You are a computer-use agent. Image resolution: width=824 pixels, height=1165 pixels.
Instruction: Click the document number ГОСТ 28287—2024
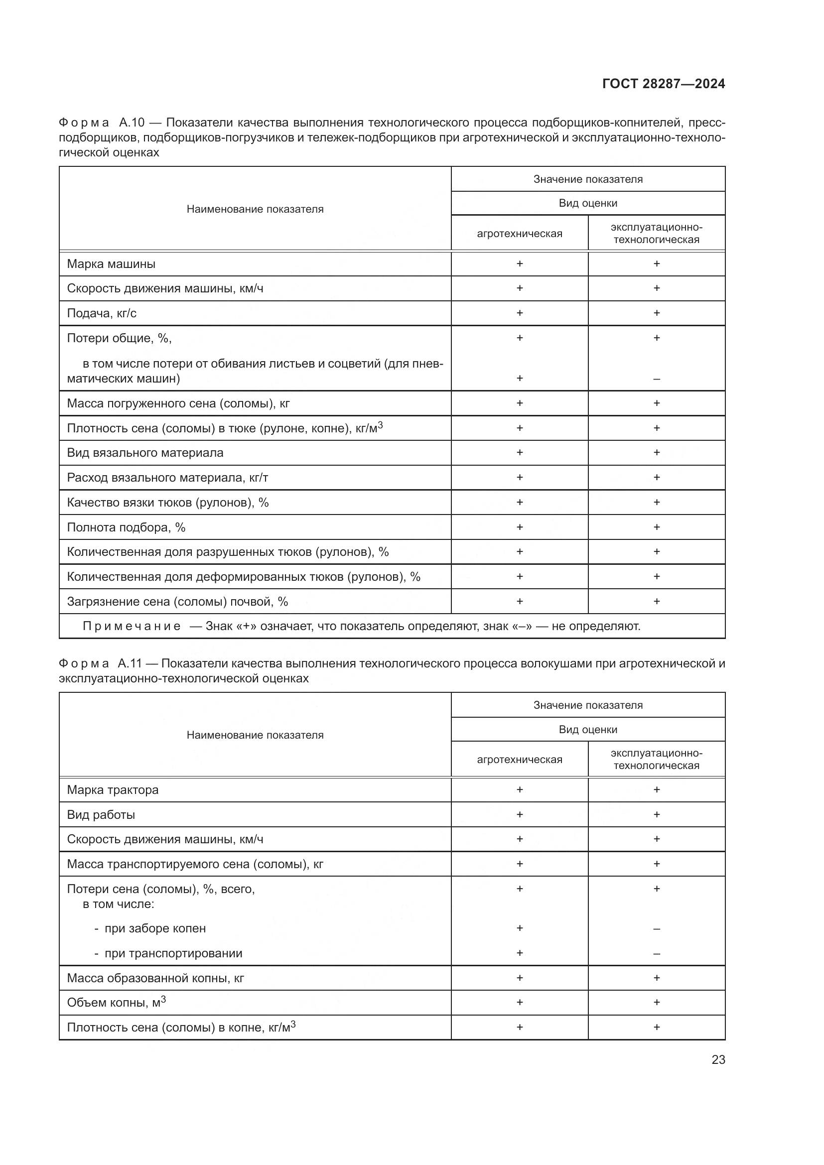tap(663, 84)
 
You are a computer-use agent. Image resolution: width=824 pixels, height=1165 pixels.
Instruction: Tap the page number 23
tap(718, 1059)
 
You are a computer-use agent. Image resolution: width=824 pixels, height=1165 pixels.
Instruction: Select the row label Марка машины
tap(111, 264)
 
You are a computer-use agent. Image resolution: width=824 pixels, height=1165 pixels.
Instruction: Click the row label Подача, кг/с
tap(102, 313)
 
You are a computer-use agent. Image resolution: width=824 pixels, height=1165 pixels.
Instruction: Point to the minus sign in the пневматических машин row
tap(656, 379)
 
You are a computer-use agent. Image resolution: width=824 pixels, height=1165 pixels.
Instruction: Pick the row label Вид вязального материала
tap(144, 453)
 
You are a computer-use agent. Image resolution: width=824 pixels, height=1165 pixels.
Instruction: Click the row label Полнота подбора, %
tap(126, 527)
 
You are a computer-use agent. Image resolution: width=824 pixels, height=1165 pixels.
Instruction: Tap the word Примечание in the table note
tap(132, 626)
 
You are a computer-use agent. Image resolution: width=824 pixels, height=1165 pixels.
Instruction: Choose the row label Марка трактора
tap(113, 790)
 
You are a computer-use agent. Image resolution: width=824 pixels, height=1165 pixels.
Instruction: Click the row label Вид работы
tap(101, 815)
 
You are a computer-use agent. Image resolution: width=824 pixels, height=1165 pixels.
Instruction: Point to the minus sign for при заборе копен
tap(656, 928)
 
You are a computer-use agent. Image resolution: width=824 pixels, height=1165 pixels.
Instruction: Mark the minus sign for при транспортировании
tap(656, 953)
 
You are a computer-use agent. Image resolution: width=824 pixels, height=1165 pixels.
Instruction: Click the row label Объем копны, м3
tap(116, 1003)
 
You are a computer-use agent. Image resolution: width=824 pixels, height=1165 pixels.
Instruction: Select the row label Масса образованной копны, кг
tap(155, 978)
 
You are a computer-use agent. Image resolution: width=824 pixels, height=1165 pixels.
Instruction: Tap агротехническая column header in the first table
tap(519, 234)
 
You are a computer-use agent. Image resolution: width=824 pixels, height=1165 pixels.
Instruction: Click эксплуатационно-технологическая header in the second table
tap(656, 760)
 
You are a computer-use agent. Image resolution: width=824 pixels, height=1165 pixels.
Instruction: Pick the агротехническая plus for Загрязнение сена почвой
tap(519, 601)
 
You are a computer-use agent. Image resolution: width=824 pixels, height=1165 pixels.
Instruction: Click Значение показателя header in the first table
tap(587, 179)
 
